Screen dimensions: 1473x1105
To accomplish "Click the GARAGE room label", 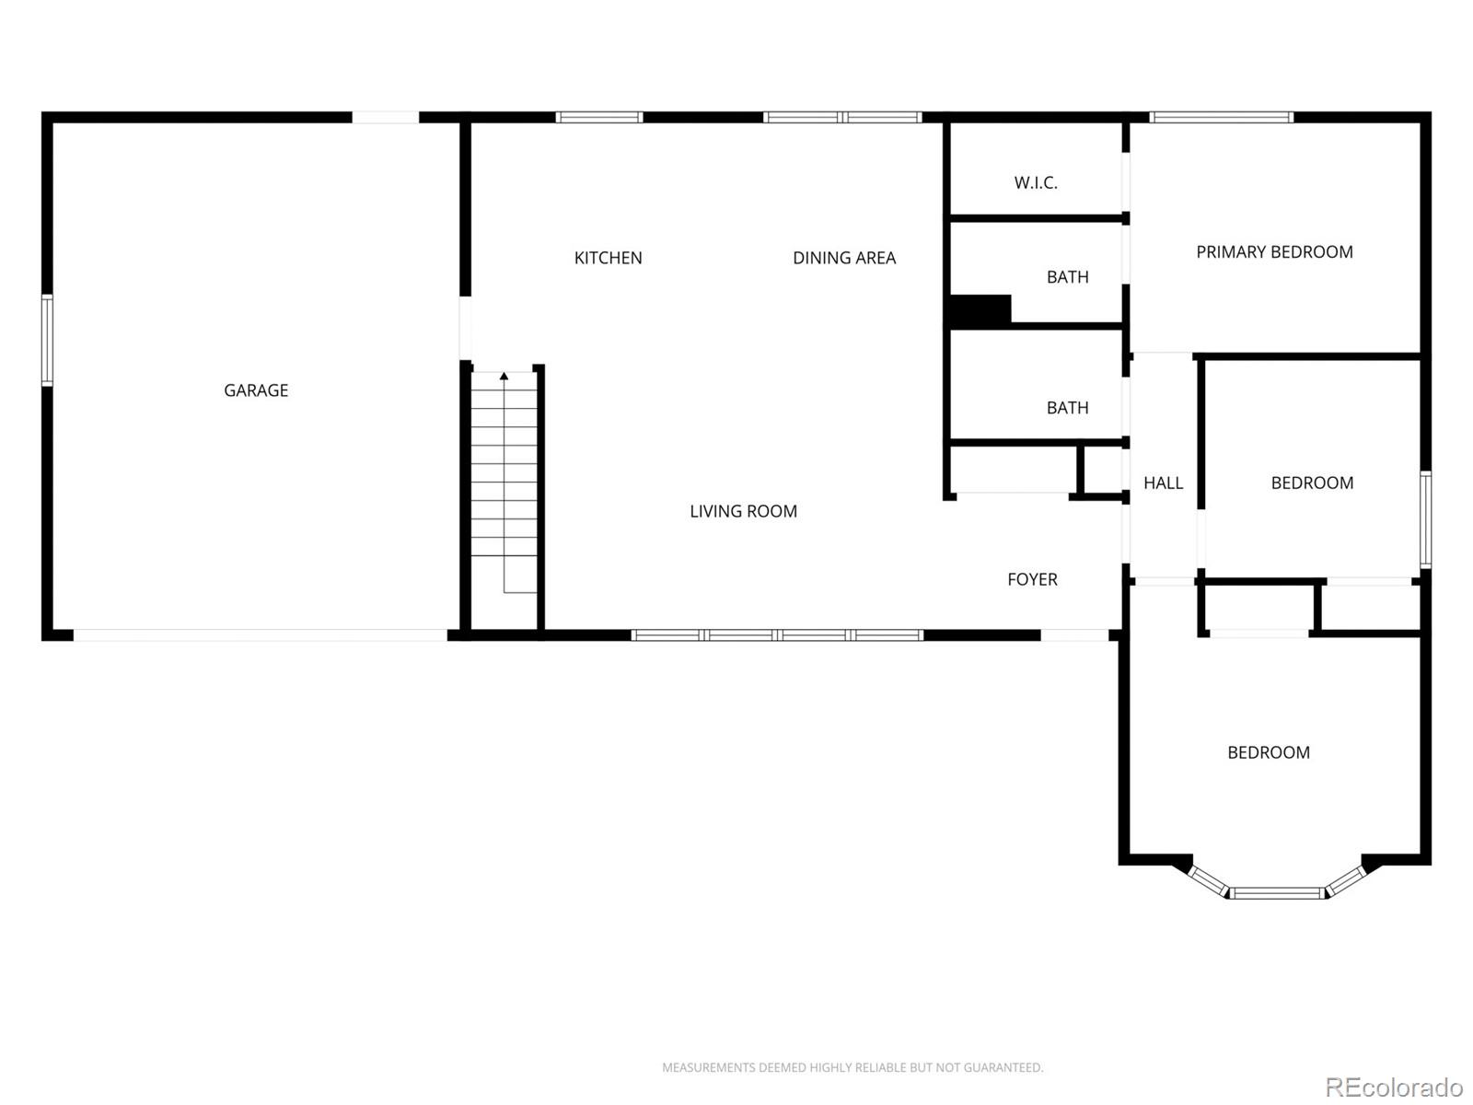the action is click(x=256, y=390).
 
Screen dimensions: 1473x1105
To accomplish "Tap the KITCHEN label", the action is click(x=608, y=258).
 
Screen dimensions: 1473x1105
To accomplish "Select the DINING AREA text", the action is click(x=844, y=258).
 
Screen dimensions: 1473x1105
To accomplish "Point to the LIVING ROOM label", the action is click(x=744, y=511).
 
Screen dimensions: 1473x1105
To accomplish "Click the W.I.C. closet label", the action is click(x=1036, y=182).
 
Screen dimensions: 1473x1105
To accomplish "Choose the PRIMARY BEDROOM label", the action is click(x=1274, y=252).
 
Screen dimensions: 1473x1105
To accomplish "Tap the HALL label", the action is click(x=1163, y=483).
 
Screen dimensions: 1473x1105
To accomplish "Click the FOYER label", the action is click(x=1032, y=580).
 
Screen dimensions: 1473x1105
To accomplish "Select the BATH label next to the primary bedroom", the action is click(x=1068, y=277).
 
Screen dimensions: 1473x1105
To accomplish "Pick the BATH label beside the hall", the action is click(x=1068, y=408).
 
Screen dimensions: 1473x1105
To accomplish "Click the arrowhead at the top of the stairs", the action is click(x=504, y=377).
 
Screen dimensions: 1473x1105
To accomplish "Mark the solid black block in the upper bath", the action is click(x=980, y=310).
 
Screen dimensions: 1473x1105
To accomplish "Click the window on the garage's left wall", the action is click(x=47, y=340).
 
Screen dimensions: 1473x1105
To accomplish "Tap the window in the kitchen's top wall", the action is click(x=599, y=118).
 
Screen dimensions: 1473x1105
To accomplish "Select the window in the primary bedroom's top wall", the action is click(x=1222, y=118).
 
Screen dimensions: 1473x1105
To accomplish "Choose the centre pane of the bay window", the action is click(x=1277, y=893).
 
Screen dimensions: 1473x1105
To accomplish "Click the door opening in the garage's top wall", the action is click(x=386, y=118).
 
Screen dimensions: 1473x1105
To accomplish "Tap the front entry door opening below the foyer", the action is click(x=1074, y=635).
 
